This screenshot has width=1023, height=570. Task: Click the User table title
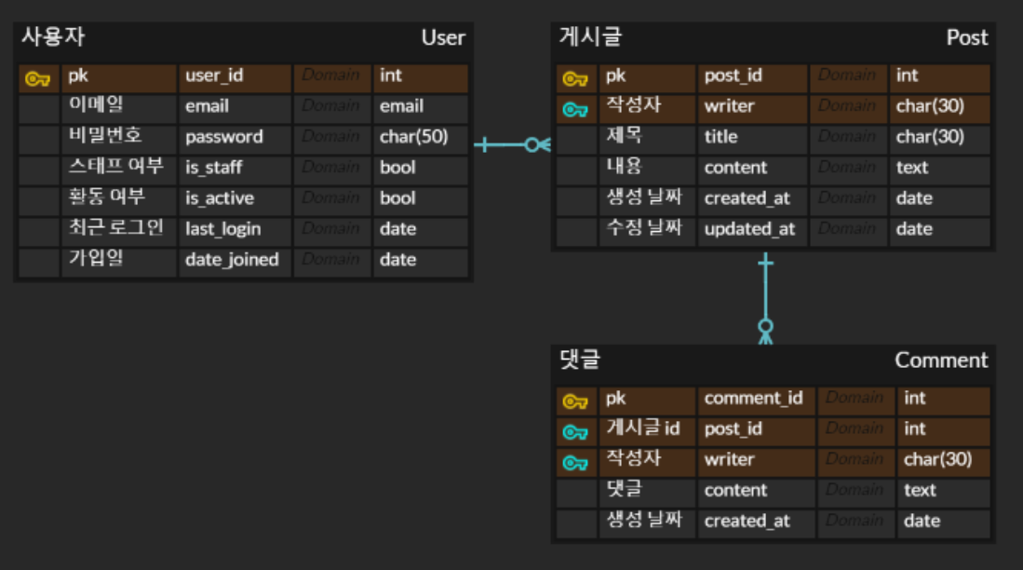pyautogui.click(x=442, y=37)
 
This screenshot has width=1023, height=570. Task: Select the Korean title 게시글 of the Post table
pyautogui.click(x=590, y=37)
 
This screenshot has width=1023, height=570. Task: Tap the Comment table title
pyautogui.click(x=941, y=360)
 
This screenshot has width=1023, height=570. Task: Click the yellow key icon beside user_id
pyautogui.click(x=37, y=78)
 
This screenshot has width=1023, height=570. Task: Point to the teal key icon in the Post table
pyautogui.click(x=575, y=110)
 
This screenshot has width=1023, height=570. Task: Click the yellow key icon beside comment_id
pyautogui.click(x=575, y=402)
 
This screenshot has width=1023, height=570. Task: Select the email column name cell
pyautogui.click(x=207, y=106)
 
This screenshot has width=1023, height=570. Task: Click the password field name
pyautogui.click(x=223, y=137)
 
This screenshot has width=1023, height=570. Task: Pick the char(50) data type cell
pyautogui.click(x=413, y=137)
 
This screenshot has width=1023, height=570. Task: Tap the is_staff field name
pyautogui.click(x=213, y=168)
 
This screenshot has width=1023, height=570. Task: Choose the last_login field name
pyautogui.click(x=222, y=229)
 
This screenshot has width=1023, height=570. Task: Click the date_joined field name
pyautogui.click(x=232, y=260)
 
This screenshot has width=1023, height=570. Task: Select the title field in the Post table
pyautogui.click(x=720, y=137)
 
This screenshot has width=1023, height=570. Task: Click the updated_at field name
pyautogui.click(x=749, y=229)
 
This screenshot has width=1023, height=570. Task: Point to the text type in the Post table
pyautogui.click(x=912, y=168)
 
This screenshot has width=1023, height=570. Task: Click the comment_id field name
pyautogui.click(x=753, y=399)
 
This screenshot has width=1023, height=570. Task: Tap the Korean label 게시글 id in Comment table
pyautogui.click(x=642, y=428)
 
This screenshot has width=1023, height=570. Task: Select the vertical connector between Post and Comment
pyautogui.click(x=765, y=293)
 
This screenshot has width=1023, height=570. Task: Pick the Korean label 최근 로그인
pyautogui.click(x=116, y=228)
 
